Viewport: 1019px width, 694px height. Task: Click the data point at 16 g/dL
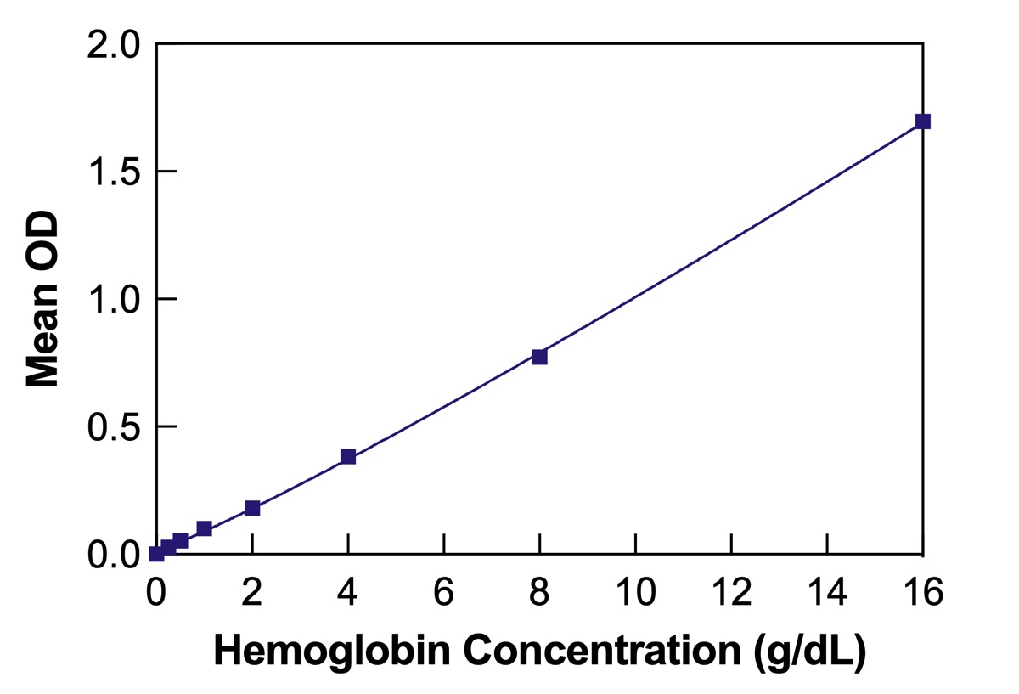coord(923,121)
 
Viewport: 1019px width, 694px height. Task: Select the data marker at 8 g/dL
coord(539,357)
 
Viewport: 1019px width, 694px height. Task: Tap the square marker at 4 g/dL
coord(347,457)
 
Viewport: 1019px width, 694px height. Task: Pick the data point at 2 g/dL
coord(252,508)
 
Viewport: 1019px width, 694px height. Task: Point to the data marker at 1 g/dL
coord(204,528)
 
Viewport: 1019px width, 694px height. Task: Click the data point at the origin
coord(156,554)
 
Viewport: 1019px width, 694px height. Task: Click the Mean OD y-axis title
coord(42,299)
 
